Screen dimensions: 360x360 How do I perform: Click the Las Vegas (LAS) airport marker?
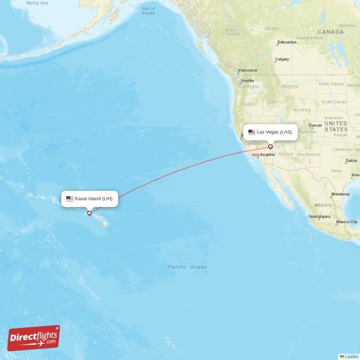click(x=270, y=146)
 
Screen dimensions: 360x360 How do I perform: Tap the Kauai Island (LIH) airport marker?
click(x=90, y=213)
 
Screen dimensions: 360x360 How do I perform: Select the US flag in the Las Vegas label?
click(x=252, y=132)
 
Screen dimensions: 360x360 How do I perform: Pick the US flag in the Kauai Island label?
click(x=70, y=198)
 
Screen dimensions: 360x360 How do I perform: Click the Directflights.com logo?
click(x=33, y=338)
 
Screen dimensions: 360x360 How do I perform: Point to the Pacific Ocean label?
click(x=187, y=267)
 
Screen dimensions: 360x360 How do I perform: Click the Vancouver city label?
click(x=247, y=70)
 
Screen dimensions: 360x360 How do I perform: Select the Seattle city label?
click(x=247, y=81)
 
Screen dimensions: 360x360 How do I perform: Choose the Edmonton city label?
click(x=287, y=42)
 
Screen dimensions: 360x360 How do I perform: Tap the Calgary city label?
click(x=282, y=59)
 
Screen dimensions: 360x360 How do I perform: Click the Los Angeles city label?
click(x=264, y=155)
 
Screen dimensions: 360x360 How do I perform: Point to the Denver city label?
click(x=315, y=126)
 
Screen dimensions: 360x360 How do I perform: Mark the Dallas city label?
click(x=351, y=161)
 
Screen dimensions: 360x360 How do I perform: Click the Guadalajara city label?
click(x=319, y=216)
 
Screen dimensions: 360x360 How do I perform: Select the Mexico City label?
click(x=346, y=222)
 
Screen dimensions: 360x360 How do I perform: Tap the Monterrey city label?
click(x=340, y=194)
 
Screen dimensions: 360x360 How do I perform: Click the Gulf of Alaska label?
click(x=148, y=11)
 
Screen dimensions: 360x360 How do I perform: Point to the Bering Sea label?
click(x=37, y=3)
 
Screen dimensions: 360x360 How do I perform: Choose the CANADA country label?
click(x=330, y=32)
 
